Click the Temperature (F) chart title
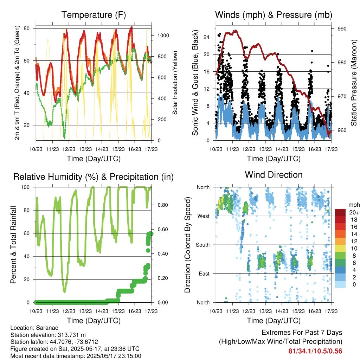click(94, 15)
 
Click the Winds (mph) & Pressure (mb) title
click(274, 15)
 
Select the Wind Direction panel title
click(274, 175)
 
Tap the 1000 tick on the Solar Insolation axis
click(163, 36)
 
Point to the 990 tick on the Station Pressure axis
click(342, 29)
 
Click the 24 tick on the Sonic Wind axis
click(206, 37)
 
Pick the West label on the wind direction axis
click(204, 216)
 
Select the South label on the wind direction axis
click(203, 245)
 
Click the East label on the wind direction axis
click(204, 274)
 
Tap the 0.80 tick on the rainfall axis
click(163, 205)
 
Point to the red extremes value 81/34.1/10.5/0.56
click(315, 351)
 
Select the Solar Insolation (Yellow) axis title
click(175, 83)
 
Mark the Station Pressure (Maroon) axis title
click(354, 83)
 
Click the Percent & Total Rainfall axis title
click(13, 245)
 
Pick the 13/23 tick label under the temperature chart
click(85, 149)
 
